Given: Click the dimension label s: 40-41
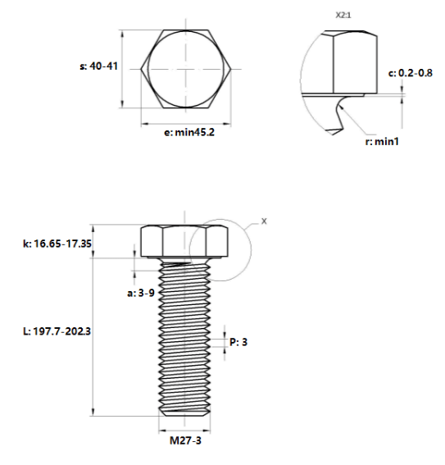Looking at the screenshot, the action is point(98,66).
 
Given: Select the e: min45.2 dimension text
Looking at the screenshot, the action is point(189,132).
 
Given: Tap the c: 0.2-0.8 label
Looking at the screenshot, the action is point(411,73).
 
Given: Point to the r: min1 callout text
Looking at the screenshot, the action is point(382,141).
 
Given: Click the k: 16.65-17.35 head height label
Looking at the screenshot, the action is point(57,244).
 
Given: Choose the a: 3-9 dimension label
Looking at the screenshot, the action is point(141,293).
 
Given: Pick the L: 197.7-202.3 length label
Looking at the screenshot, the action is point(57,331).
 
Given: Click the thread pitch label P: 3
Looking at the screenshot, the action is point(238,342).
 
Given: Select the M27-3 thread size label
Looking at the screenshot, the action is point(185,440).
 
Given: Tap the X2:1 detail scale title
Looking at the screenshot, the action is point(343,15).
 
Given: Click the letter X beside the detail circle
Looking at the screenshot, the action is point(264,221).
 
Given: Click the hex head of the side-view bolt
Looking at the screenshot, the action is point(184,241).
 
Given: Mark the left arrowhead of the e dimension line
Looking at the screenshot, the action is point(144,124).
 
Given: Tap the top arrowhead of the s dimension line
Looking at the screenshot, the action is point(122,34).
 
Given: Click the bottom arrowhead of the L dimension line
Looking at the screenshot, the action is point(93,412).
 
